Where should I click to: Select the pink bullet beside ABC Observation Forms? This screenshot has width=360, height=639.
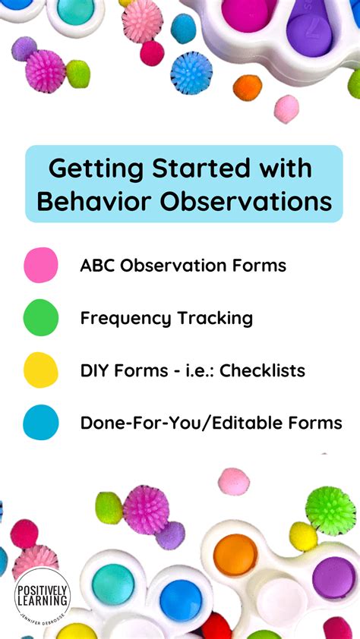point(40,265)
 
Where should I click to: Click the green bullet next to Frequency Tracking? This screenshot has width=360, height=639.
point(40,317)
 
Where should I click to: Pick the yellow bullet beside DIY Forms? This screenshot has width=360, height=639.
point(40,370)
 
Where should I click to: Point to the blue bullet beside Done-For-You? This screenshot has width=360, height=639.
point(40,423)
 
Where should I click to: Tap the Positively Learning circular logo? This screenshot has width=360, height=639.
point(42,597)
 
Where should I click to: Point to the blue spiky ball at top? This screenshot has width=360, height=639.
point(191,73)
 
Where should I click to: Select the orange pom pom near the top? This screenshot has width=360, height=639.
point(247,87)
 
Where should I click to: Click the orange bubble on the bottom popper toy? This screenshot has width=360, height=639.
point(235,555)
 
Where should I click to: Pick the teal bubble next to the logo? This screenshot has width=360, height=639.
point(113,584)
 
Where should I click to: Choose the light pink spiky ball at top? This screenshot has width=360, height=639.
point(143,20)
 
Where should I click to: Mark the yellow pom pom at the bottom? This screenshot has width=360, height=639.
point(303,536)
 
